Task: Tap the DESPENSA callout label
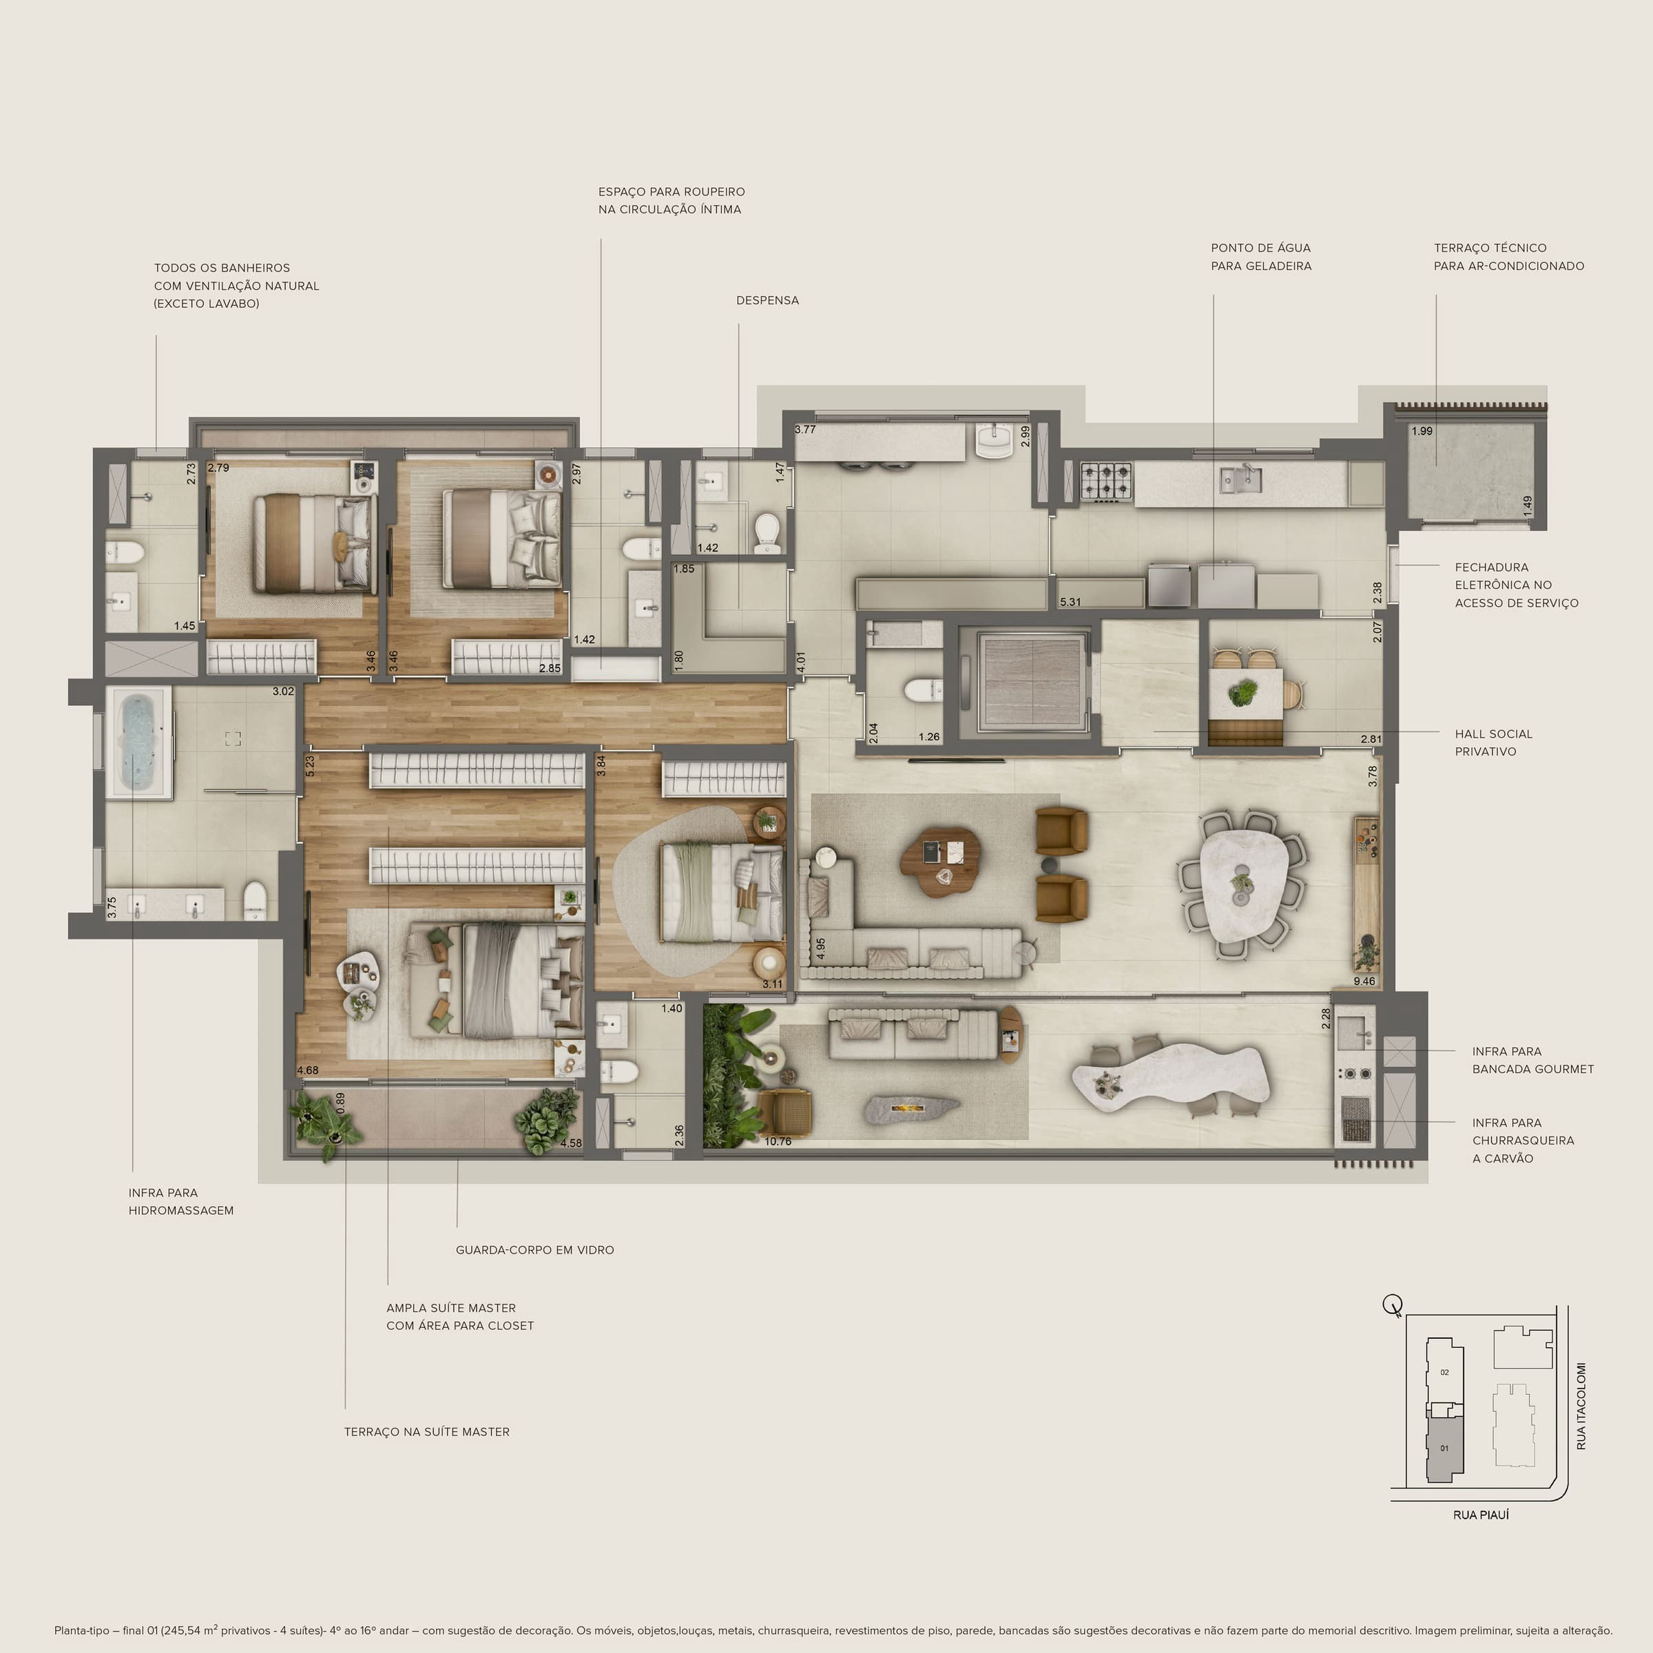(767, 300)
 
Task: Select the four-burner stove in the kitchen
(1106, 481)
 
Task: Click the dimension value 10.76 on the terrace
(778, 1141)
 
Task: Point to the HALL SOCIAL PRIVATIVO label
(1493, 742)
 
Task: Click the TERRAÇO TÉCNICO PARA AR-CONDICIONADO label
(1508, 257)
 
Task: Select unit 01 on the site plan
(1444, 1448)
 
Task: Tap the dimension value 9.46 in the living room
(1364, 981)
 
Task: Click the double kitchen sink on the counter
(1240, 479)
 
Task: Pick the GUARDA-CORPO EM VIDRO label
(534, 1250)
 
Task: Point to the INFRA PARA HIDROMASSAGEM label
(180, 1201)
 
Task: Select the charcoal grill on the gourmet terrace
(1355, 1119)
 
